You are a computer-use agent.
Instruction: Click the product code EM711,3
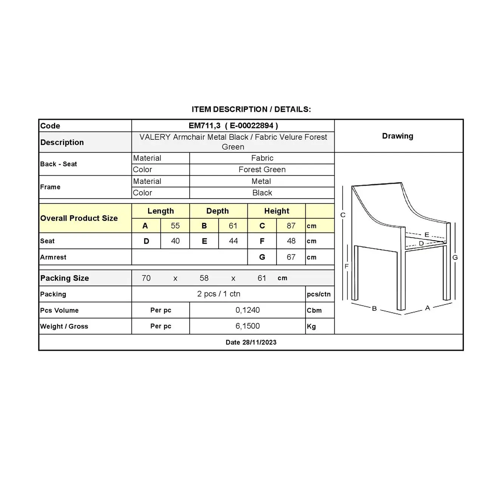click(x=204, y=126)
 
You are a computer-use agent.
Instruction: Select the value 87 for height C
click(x=291, y=226)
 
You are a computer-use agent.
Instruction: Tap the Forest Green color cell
click(x=262, y=170)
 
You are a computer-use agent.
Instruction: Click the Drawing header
click(x=397, y=136)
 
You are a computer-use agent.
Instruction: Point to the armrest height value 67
click(x=291, y=257)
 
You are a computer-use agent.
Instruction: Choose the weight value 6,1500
click(x=247, y=326)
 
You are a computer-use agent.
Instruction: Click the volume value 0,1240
click(x=247, y=310)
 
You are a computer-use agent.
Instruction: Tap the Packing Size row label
click(x=65, y=278)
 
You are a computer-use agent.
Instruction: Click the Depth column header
click(x=218, y=211)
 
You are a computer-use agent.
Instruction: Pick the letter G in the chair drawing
click(x=455, y=258)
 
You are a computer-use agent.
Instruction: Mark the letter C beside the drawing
click(x=343, y=215)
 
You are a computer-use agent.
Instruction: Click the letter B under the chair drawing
click(x=374, y=309)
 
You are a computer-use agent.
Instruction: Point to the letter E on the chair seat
click(x=427, y=235)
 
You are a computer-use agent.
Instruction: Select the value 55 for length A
click(x=175, y=226)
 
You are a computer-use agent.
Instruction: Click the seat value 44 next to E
click(x=233, y=241)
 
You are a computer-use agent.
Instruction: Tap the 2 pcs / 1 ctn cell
click(x=219, y=294)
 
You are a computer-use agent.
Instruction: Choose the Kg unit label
click(x=311, y=326)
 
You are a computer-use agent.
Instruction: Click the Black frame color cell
click(x=262, y=193)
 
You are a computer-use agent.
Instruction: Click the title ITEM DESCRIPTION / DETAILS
click(x=251, y=110)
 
